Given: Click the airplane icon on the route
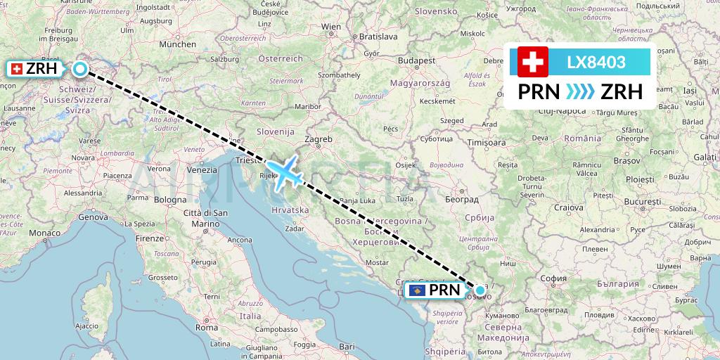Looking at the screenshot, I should [x=285, y=171].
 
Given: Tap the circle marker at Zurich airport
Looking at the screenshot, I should [x=80, y=69].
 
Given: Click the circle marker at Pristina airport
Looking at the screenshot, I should [x=480, y=290].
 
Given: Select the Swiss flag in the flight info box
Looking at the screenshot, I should [x=532, y=62].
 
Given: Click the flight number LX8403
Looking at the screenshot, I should [x=596, y=63].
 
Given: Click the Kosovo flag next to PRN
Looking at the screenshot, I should [x=418, y=290].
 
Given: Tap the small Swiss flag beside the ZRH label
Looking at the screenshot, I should [x=16, y=69].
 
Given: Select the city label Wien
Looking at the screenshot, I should [x=331, y=27].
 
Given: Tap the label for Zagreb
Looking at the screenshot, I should [x=319, y=139].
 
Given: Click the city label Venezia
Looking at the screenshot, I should [x=202, y=170].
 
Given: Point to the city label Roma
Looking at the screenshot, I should [x=207, y=327].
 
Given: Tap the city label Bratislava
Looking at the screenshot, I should [x=378, y=36].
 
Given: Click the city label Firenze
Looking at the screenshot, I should [x=150, y=238].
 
